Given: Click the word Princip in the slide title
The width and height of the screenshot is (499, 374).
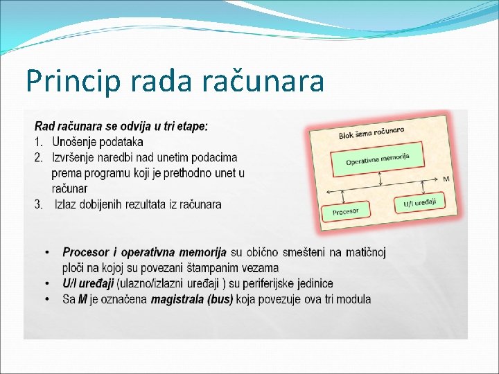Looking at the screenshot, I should pyautogui.click(x=64, y=80).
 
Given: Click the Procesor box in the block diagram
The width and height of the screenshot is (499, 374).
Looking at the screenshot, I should pyautogui.click(x=346, y=211).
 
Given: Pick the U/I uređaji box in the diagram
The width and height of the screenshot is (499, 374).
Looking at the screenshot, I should pyautogui.click(x=419, y=204).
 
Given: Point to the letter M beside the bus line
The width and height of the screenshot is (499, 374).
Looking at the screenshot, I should pyautogui.click(x=446, y=179).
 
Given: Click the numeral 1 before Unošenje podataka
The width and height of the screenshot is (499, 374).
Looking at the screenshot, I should pyautogui.click(x=38, y=142).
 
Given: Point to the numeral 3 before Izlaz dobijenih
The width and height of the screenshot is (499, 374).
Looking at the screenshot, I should pyautogui.click(x=38, y=204).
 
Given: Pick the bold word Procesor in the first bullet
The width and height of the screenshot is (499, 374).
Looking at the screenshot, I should pyautogui.click(x=85, y=252).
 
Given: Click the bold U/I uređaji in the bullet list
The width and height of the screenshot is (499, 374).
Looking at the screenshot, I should pyautogui.click(x=88, y=284).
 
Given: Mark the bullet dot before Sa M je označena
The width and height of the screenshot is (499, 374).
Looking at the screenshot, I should pyautogui.click(x=46, y=300).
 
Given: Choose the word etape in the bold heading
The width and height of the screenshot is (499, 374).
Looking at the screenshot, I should pyautogui.click(x=191, y=126).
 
